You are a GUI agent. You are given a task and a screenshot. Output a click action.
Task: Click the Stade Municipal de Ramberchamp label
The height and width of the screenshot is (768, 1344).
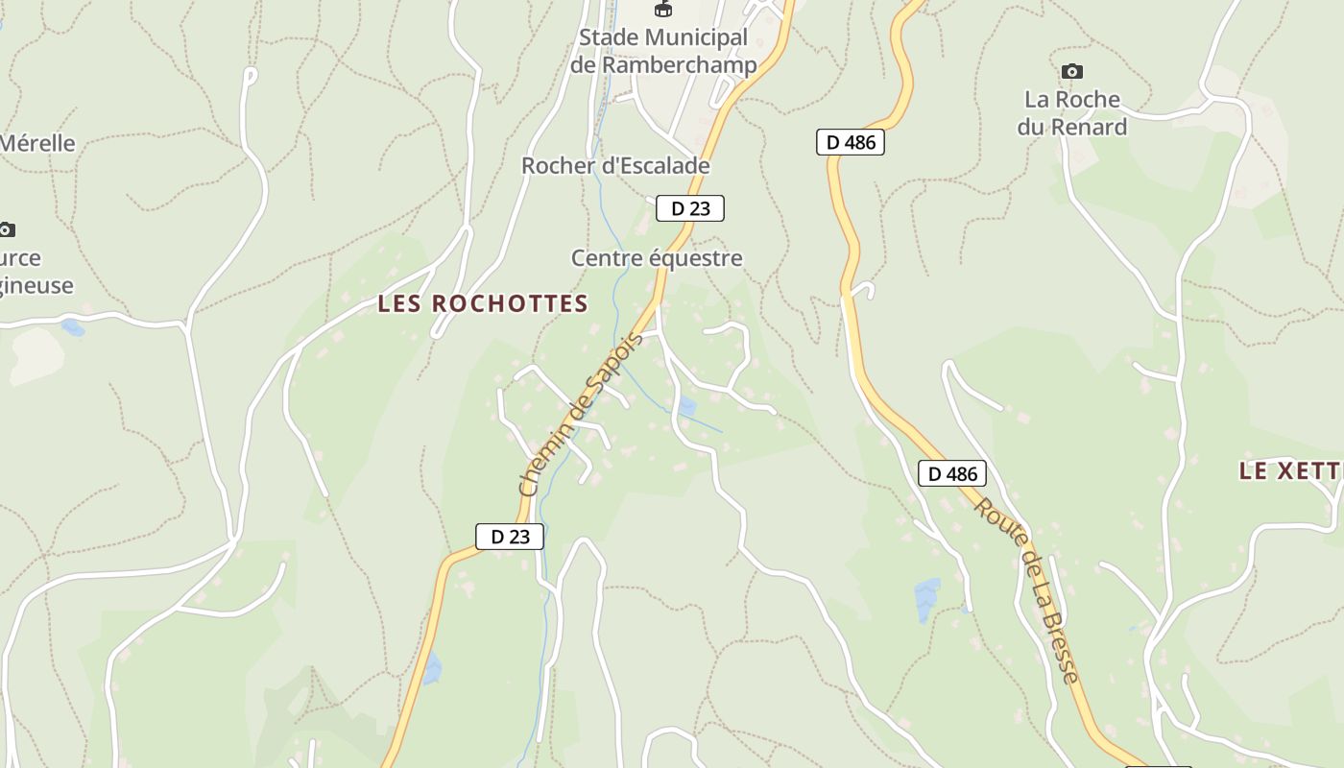point(662,51)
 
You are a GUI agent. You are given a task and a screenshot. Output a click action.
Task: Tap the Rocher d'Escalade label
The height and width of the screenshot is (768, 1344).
point(615,166)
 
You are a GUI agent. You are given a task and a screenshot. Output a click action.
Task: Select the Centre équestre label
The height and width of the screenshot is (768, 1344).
point(657,258)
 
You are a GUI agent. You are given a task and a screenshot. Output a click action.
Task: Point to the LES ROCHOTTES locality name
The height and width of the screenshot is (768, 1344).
point(483,304)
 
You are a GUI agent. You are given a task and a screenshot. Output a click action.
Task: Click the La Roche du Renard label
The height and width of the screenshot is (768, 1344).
point(1072,113)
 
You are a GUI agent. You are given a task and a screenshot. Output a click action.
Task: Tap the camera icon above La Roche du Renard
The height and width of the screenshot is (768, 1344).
point(1072,72)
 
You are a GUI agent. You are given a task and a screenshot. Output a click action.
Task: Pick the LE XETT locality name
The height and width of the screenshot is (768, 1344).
point(1289,470)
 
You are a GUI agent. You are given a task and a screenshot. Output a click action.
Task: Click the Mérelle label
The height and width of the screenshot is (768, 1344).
point(37,144)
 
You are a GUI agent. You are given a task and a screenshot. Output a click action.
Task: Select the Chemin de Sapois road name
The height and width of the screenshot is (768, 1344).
point(580,415)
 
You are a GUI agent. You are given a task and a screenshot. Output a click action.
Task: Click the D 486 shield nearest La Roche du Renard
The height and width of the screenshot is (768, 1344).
point(850,143)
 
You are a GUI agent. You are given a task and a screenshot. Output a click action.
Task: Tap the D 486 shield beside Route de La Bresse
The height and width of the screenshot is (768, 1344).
point(951,473)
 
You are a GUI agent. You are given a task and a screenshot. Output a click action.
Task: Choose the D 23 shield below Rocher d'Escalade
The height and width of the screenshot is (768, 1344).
point(690,208)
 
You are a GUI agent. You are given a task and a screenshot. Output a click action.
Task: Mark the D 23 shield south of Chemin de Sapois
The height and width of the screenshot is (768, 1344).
point(510,537)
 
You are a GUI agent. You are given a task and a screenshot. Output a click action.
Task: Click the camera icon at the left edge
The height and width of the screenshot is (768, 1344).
point(7,229)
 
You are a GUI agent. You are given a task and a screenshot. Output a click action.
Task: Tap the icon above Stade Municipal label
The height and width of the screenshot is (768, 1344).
point(662,10)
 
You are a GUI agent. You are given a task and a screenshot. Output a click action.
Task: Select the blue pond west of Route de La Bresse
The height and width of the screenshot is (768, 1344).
point(926,599)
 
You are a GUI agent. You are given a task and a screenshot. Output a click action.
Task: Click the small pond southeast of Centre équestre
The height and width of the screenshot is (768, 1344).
point(687,407)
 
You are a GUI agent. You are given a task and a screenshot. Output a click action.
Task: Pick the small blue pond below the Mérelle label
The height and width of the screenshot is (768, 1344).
point(72,328)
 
